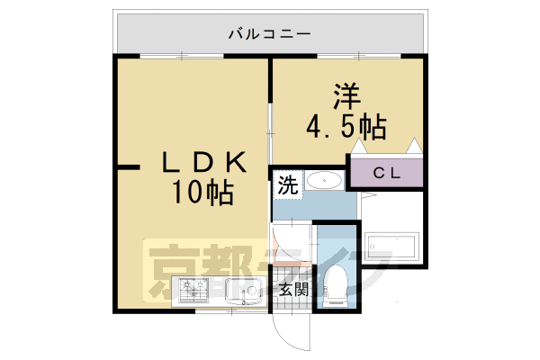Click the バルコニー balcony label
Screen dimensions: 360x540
269,35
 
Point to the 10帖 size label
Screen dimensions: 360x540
204,191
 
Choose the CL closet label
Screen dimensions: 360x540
387,172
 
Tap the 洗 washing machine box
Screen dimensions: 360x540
286,186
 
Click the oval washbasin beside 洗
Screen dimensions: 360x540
321,183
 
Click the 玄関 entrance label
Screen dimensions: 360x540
292,290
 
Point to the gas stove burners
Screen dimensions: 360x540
193,291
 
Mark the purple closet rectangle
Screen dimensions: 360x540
387,172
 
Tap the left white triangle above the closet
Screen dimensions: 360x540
358,147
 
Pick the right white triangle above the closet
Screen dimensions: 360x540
413,147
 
